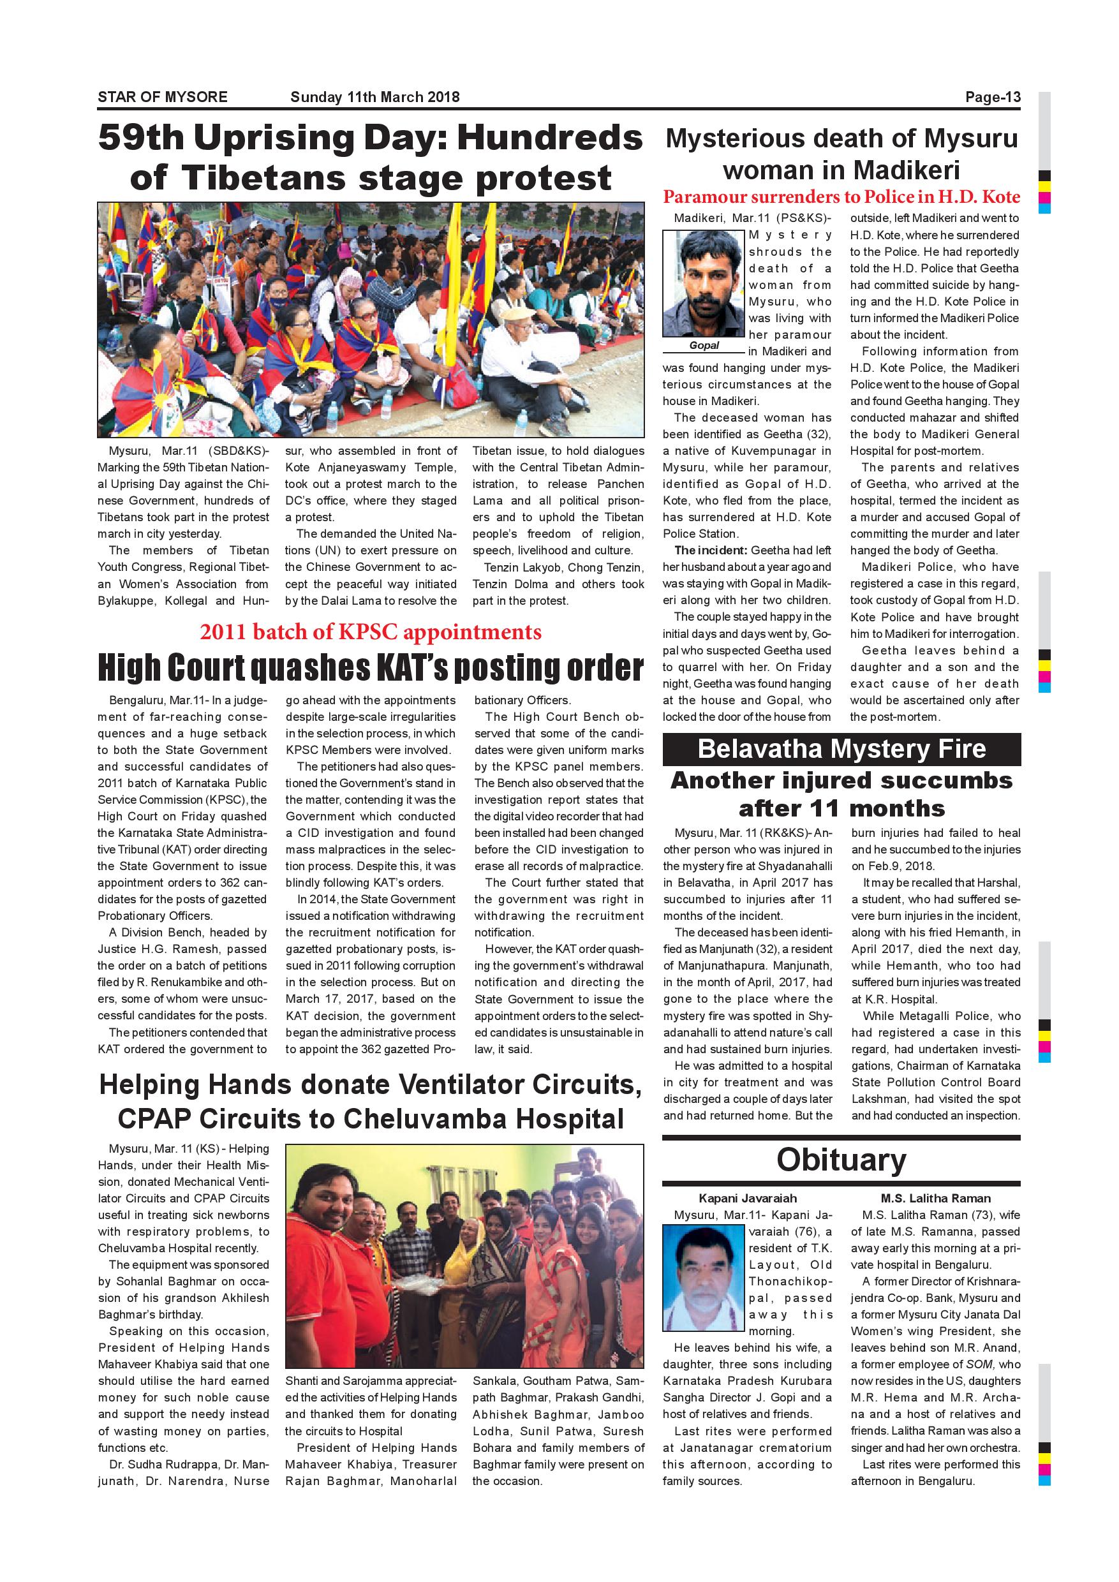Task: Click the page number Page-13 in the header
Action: [x=992, y=97]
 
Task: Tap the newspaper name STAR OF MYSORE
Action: [x=163, y=97]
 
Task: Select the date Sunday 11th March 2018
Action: [x=375, y=97]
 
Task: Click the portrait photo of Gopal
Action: [x=704, y=283]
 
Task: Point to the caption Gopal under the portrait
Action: [x=704, y=345]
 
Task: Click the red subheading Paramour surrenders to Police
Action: [x=841, y=197]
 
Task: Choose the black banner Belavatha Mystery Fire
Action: [x=841, y=749]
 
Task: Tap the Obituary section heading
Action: [x=841, y=1160]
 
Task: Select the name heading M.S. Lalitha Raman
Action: [x=935, y=1198]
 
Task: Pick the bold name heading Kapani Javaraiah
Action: [x=748, y=1198]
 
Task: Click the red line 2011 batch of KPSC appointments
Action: [x=371, y=632]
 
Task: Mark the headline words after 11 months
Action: [x=841, y=808]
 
